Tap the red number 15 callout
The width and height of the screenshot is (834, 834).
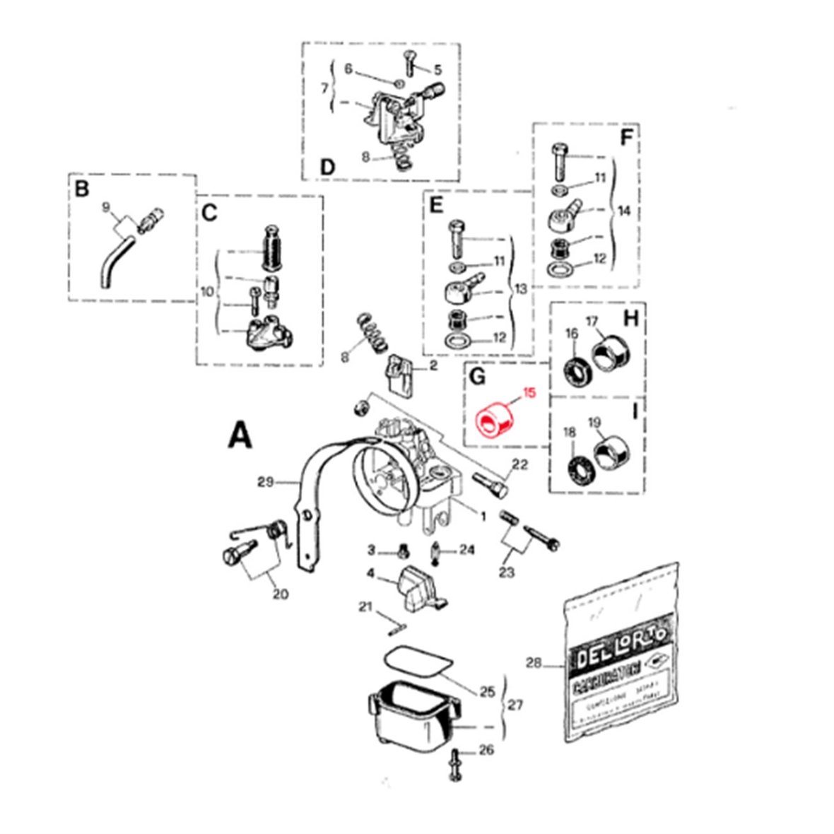(x=529, y=393)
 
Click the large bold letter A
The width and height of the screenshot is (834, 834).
(x=240, y=435)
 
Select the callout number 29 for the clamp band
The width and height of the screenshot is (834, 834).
(x=265, y=483)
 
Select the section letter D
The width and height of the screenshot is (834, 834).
(x=327, y=168)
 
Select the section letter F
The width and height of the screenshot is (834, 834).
(x=625, y=138)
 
